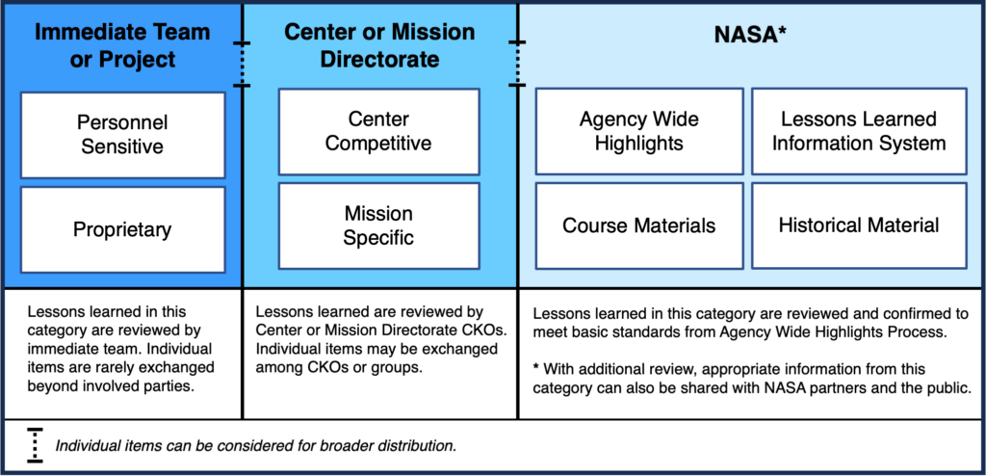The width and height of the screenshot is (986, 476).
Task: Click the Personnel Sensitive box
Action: coord(122,135)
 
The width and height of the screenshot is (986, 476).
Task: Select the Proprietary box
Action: coord(122,229)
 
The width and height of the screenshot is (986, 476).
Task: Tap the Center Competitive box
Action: coord(378,131)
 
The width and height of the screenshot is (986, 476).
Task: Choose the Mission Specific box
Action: coord(378,225)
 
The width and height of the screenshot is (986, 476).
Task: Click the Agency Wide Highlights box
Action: coord(639,131)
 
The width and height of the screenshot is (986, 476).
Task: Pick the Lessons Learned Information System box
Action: coord(859,131)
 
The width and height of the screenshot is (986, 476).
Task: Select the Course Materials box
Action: coord(639,226)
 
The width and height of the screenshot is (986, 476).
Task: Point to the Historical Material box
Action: coord(859,225)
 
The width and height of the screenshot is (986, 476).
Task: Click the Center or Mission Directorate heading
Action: coord(379,45)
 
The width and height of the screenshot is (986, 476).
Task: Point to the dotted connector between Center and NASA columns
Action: coord(517,65)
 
